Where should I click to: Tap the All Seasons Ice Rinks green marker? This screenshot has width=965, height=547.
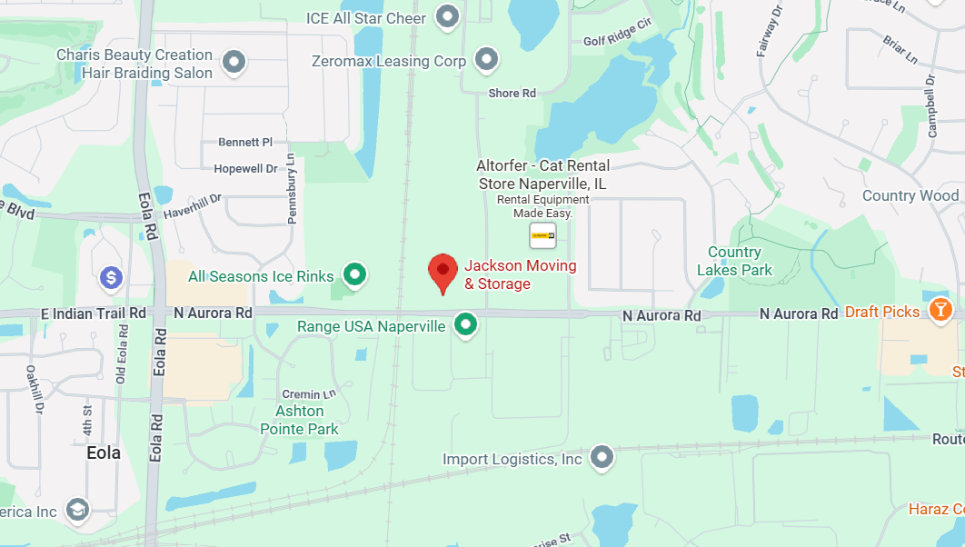[x=354, y=274]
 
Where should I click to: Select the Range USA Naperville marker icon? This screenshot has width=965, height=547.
[x=466, y=324]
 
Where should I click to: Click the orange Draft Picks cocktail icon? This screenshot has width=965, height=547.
[x=940, y=311]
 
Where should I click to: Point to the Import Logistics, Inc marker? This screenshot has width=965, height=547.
[x=601, y=458]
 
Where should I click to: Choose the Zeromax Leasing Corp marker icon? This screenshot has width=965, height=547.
[x=488, y=61]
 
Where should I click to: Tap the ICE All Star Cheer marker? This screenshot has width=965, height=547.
[x=446, y=16]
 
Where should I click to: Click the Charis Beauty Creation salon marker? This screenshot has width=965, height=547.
[x=234, y=63]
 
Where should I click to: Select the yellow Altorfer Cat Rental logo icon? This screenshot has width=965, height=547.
[x=542, y=234]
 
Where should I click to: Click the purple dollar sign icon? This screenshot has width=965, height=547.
[x=111, y=276]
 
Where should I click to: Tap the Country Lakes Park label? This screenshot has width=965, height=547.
[x=734, y=261]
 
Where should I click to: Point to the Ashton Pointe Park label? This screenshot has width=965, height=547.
[x=300, y=420]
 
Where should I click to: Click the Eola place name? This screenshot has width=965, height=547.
[x=104, y=453]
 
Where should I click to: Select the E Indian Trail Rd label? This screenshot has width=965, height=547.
[x=94, y=313]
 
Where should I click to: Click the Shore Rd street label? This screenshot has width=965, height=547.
[x=512, y=93]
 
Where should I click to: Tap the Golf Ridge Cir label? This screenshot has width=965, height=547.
[x=618, y=41]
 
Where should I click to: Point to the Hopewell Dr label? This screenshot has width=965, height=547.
[x=245, y=169]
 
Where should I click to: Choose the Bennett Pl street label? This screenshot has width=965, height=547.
[x=245, y=142]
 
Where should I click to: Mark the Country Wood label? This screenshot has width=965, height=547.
[x=910, y=195]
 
